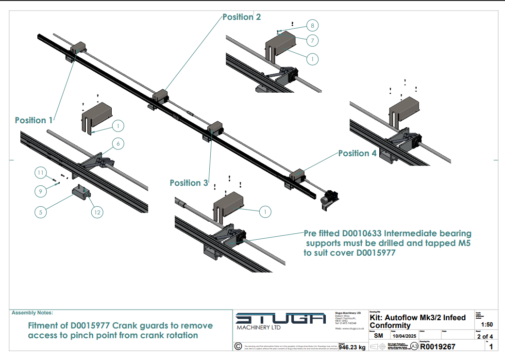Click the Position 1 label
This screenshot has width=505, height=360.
tap(34, 120)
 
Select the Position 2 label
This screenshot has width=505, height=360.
tap(241, 17)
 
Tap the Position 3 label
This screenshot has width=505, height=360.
tap(189, 183)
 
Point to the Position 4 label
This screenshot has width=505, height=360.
tap(357, 153)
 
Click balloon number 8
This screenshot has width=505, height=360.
tap(313, 25)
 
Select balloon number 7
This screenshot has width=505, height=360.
tap(313, 40)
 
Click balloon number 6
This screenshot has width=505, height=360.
tap(118, 144)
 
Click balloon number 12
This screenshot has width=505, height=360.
tap(97, 212)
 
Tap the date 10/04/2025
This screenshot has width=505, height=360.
tap(400, 336)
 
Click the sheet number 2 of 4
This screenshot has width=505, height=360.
tap(485, 336)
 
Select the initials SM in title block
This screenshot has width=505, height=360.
tap(378, 336)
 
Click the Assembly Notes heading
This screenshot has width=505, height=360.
tap(32, 313)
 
